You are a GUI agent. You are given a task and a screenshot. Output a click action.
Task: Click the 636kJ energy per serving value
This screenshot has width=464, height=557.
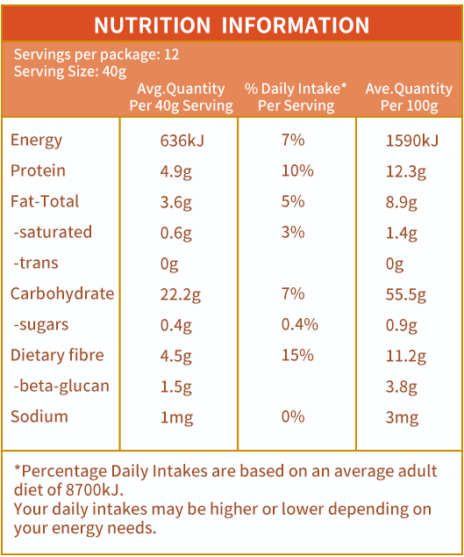(x=182, y=141)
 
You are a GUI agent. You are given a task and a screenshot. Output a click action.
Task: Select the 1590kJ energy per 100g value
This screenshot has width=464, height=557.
(x=412, y=141)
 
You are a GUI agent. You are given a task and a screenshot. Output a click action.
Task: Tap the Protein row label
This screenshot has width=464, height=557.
(x=38, y=170)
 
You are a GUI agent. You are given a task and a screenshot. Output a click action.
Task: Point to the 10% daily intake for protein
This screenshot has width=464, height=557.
(x=297, y=170)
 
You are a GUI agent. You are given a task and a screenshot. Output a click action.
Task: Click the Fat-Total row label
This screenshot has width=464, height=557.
(x=45, y=201)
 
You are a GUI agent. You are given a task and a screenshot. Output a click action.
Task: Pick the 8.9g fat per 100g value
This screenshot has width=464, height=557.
(x=402, y=202)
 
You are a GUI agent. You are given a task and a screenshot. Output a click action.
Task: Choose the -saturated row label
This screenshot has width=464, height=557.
(x=53, y=232)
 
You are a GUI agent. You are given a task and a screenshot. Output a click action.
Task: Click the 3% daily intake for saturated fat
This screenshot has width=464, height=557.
(x=293, y=232)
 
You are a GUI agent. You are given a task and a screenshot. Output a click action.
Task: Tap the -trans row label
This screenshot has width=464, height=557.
(x=36, y=263)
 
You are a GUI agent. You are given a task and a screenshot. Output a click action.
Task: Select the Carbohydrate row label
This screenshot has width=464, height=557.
(x=62, y=293)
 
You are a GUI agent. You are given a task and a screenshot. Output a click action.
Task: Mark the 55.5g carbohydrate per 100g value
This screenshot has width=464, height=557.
(x=406, y=295)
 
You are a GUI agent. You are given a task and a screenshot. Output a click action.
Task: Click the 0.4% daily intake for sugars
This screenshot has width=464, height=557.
(x=300, y=325)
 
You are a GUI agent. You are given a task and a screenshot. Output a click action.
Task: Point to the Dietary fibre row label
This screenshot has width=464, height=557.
(x=57, y=355)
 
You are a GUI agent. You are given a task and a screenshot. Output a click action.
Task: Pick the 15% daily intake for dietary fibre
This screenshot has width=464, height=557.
(x=297, y=355)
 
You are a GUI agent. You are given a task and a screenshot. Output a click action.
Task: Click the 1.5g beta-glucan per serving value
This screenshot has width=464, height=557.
(x=176, y=387)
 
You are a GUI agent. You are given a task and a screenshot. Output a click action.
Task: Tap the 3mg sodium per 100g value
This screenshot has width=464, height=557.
(x=403, y=418)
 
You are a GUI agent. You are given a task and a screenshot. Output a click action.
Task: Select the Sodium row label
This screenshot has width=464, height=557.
(x=39, y=416)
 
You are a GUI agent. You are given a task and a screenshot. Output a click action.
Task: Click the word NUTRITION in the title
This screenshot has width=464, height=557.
(x=153, y=25)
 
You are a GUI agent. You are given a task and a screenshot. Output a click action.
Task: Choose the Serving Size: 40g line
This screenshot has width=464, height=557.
(x=70, y=72)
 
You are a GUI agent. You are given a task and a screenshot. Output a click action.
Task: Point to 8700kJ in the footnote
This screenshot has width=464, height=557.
(x=95, y=490)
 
